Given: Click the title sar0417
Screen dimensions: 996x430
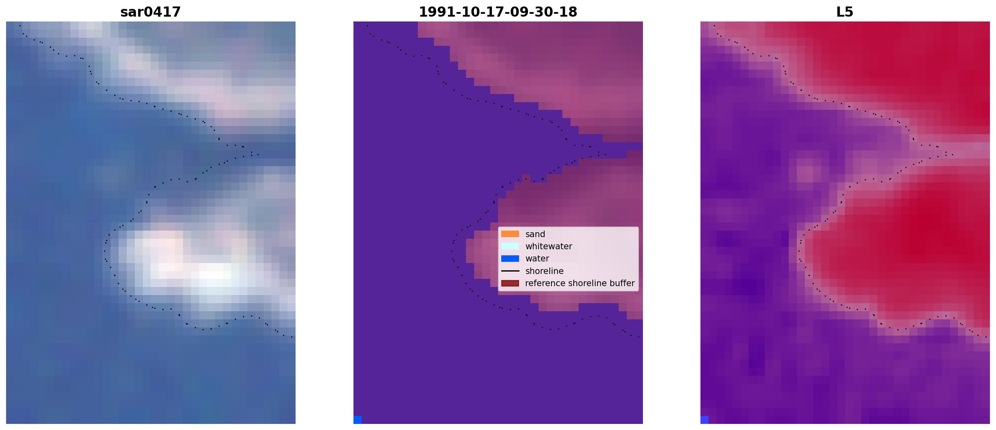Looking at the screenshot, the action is pyautogui.click(x=150, y=12).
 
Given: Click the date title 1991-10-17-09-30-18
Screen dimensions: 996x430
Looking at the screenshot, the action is pyautogui.click(x=498, y=12).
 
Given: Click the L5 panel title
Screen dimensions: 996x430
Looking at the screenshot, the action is pyautogui.click(x=845, y=12).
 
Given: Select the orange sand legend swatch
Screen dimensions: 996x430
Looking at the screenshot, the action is pyautogui.click(x=510, y=234).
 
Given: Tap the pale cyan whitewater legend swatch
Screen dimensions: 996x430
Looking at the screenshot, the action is pyautogui.click(x=510, y=246).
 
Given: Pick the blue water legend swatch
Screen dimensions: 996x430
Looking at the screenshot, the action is pyautogui.click(x=510, y=259).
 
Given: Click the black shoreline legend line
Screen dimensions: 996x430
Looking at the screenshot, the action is pyautogui.click(x=510, y=271).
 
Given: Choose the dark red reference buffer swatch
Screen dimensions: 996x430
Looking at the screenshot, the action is pyautogui.click(x=510, y=283).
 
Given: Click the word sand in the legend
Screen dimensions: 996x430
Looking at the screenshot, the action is pyautogui.click(x=535, y=234).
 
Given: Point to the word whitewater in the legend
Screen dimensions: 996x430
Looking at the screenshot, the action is pyautogui.click(x=549, y=246).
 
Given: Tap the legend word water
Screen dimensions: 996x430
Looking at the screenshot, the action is pyautogui.click(x=537, y=259).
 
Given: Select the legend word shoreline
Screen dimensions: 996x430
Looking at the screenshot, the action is pyautogui.click(x=545, y=271).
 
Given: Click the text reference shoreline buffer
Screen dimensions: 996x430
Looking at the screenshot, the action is pyautogui.click(x=580, y=283).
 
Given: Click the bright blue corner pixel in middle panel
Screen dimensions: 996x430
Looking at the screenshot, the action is pyautogui.click(x=358, y=420).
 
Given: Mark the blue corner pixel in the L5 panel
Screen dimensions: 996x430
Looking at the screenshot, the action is pyautogui.click(x=704, y=420).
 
